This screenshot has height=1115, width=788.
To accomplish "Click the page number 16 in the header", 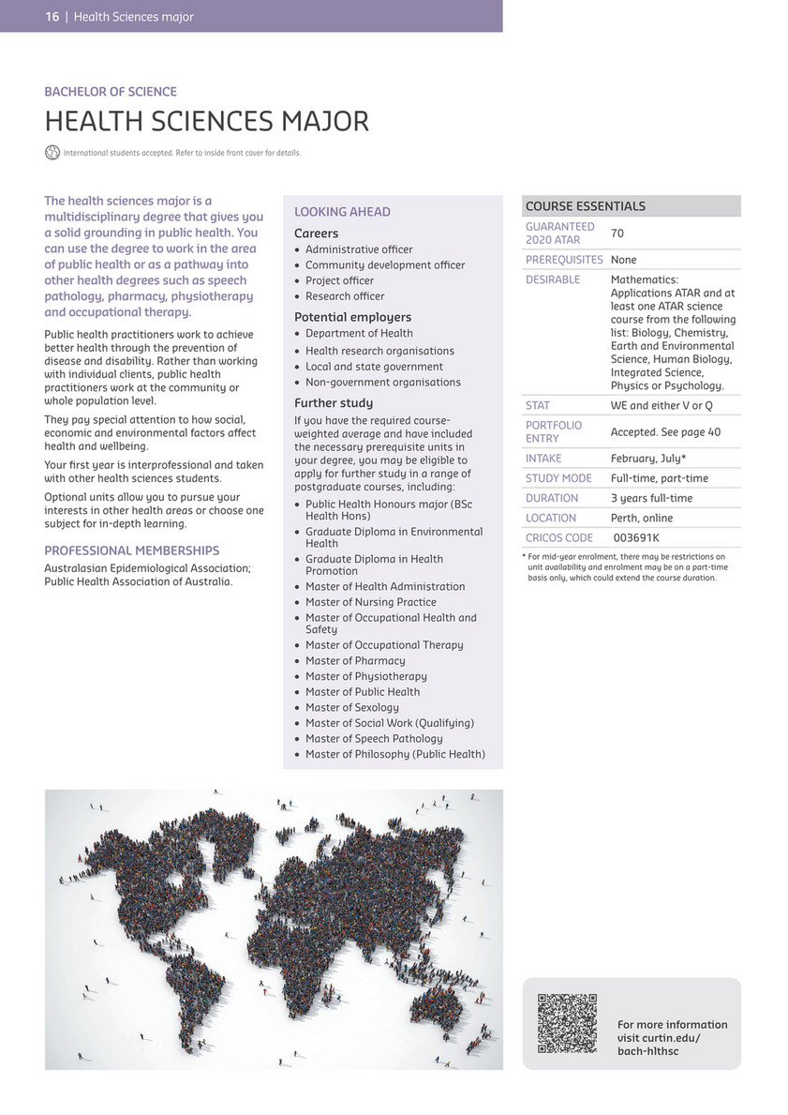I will [x=52, y=16].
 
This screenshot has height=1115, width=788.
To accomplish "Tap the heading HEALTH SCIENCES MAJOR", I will [x=207, y=121].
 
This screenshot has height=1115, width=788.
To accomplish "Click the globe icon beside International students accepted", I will [x=52, y=152].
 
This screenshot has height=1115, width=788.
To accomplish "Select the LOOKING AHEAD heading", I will [x=342, y=212].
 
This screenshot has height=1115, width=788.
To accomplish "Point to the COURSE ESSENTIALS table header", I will [x=585, y=206].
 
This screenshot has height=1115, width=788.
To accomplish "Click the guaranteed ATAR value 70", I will [x=617, y=233].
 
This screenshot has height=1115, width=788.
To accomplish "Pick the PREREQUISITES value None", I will [x=623, y=260].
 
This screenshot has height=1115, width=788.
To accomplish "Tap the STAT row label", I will [x=538, y=406].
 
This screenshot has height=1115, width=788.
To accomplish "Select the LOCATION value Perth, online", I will [x=642, y=518].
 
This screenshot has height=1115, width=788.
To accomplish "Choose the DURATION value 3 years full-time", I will [x=653, y=498].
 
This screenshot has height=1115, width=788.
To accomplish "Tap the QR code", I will [x=567, y=1023].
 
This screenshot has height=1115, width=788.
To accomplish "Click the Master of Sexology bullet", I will [x=351, y=707].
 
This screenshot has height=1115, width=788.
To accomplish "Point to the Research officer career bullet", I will [x=344, y=296].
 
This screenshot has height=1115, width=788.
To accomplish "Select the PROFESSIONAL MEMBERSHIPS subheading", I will [x=132, y=550].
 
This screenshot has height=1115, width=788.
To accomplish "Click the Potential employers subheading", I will [x=352, y=317].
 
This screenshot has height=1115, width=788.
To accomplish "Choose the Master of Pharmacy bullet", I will [x=355, y=660].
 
